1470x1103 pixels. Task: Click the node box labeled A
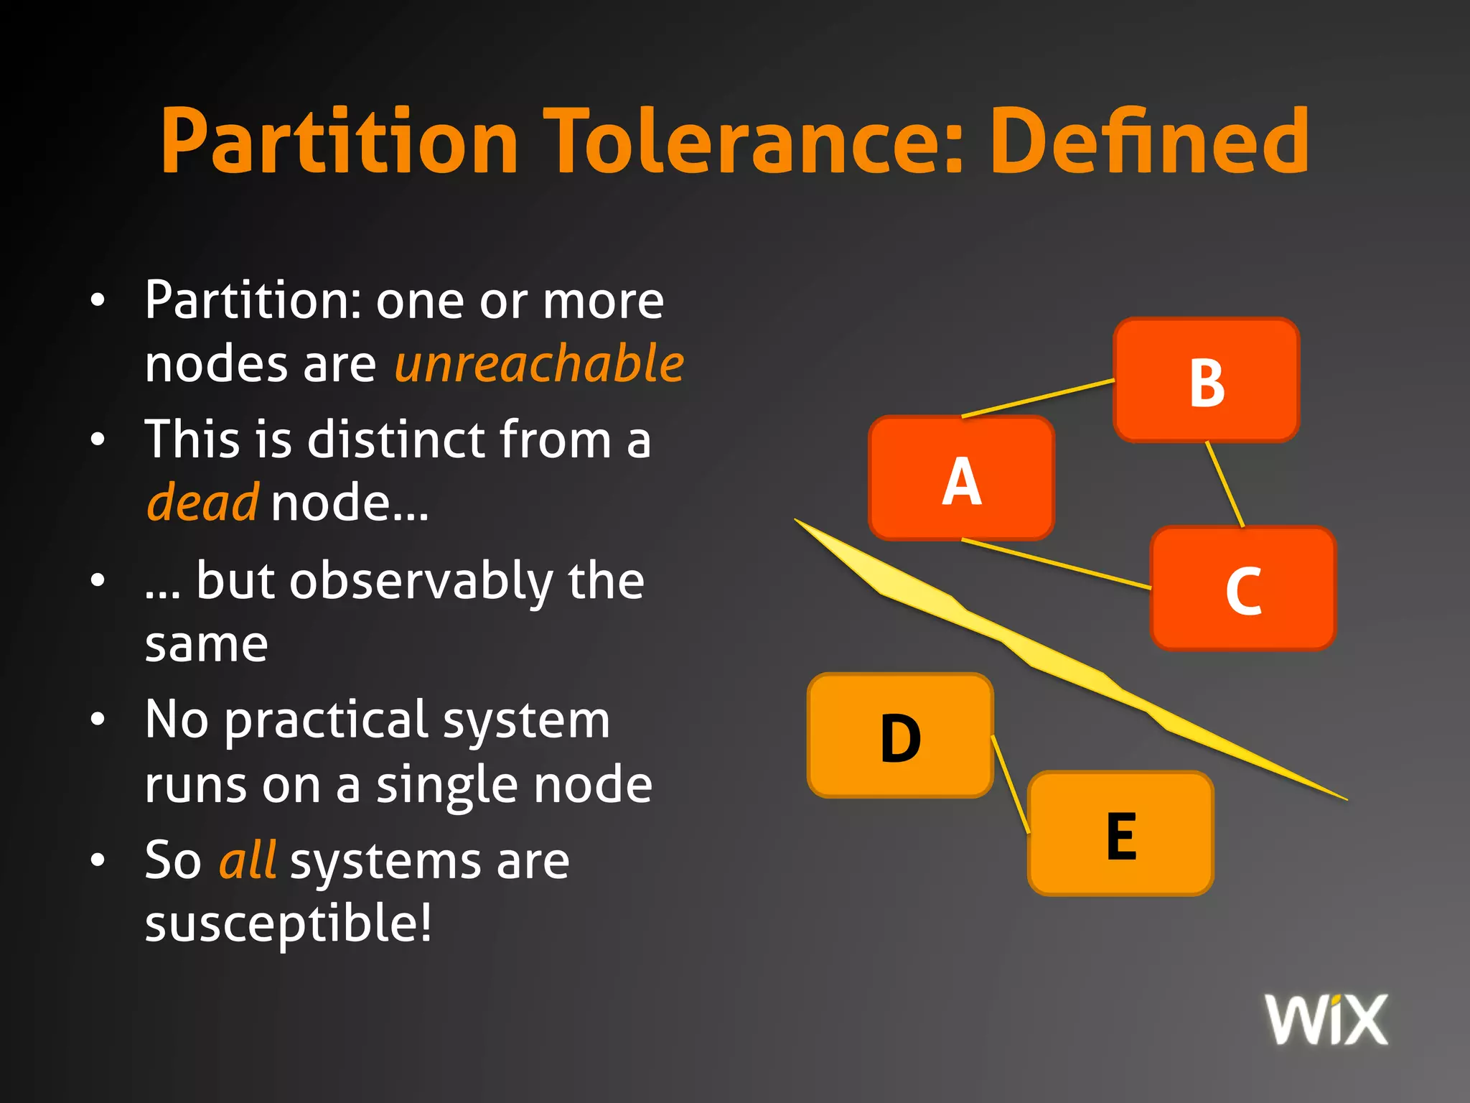click(x=961, y=478)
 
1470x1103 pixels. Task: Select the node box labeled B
click(x=1206, y=380)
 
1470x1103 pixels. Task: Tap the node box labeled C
click(x=1242, y=588)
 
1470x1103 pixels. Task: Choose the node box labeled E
click(x=1120, y=834)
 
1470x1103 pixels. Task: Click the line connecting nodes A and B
click(x=1037, y=398)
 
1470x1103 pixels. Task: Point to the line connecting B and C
click(x=1225, y=484)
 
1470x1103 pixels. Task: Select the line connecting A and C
click(x=1055, y=564)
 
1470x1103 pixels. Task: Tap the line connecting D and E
click(x=1010, y=783)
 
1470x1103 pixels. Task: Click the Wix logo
click(x=1326, y=1019)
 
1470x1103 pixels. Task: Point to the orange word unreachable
click(x=539, y=363)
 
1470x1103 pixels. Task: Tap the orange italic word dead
click(x=202, y=503)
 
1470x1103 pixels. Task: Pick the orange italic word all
click(x=248, y=860)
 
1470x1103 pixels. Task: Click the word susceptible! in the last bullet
click(x=289, y=924)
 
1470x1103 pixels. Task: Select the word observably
click(x=421, y=582)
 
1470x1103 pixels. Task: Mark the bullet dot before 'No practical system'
click(x=98, y=719)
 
